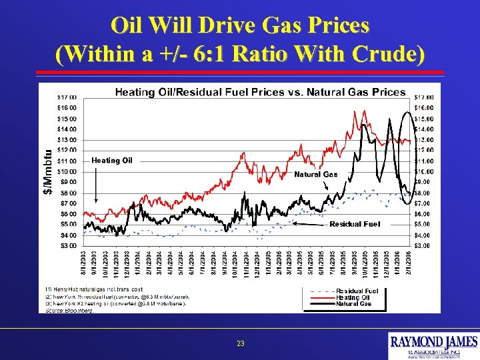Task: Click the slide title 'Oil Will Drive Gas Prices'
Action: (240, 25)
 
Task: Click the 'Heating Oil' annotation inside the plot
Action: (112, 160)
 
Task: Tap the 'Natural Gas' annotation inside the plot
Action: (316, 174)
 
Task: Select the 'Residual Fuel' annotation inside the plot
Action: (355, 224)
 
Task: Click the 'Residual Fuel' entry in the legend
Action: (357, 291)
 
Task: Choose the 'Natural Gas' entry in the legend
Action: (353, 303)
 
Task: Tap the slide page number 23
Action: (240, 343)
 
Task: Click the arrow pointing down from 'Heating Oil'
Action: (96, 183)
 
